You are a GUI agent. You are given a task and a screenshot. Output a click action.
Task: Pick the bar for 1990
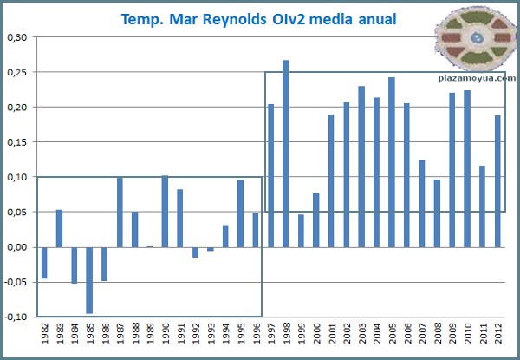[165, 212]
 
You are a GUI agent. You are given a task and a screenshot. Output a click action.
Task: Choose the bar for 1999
[301, 231]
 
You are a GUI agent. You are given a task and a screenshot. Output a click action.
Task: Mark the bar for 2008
[438, 213]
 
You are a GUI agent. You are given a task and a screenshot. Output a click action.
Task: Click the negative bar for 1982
[44, 263]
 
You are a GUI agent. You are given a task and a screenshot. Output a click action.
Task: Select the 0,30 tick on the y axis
[17, 37]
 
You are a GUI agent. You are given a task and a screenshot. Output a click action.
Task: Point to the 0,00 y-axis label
[17, 247]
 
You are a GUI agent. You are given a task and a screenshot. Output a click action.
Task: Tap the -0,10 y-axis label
[16, 317]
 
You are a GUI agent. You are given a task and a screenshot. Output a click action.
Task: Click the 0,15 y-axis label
[17, 142]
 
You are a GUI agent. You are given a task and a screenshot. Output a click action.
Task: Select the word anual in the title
[375, 19]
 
